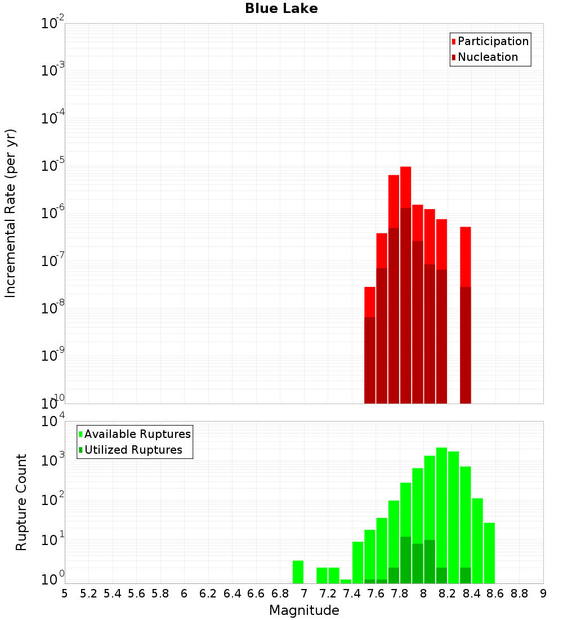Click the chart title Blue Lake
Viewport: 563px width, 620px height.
[281, 8]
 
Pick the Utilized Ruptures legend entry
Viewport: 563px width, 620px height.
[133, 450]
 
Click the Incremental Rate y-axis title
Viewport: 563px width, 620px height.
[11, 213]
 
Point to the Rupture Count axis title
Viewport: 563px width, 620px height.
[21, 502]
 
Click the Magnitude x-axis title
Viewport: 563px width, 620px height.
[304, 610]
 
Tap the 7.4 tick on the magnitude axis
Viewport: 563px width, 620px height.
[352, 594]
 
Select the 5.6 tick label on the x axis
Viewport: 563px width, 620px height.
[136, 594]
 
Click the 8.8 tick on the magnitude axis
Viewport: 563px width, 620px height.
[519, 594]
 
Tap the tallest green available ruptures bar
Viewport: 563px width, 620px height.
[441, 507]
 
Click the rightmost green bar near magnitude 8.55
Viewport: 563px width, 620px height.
[489, 552]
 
